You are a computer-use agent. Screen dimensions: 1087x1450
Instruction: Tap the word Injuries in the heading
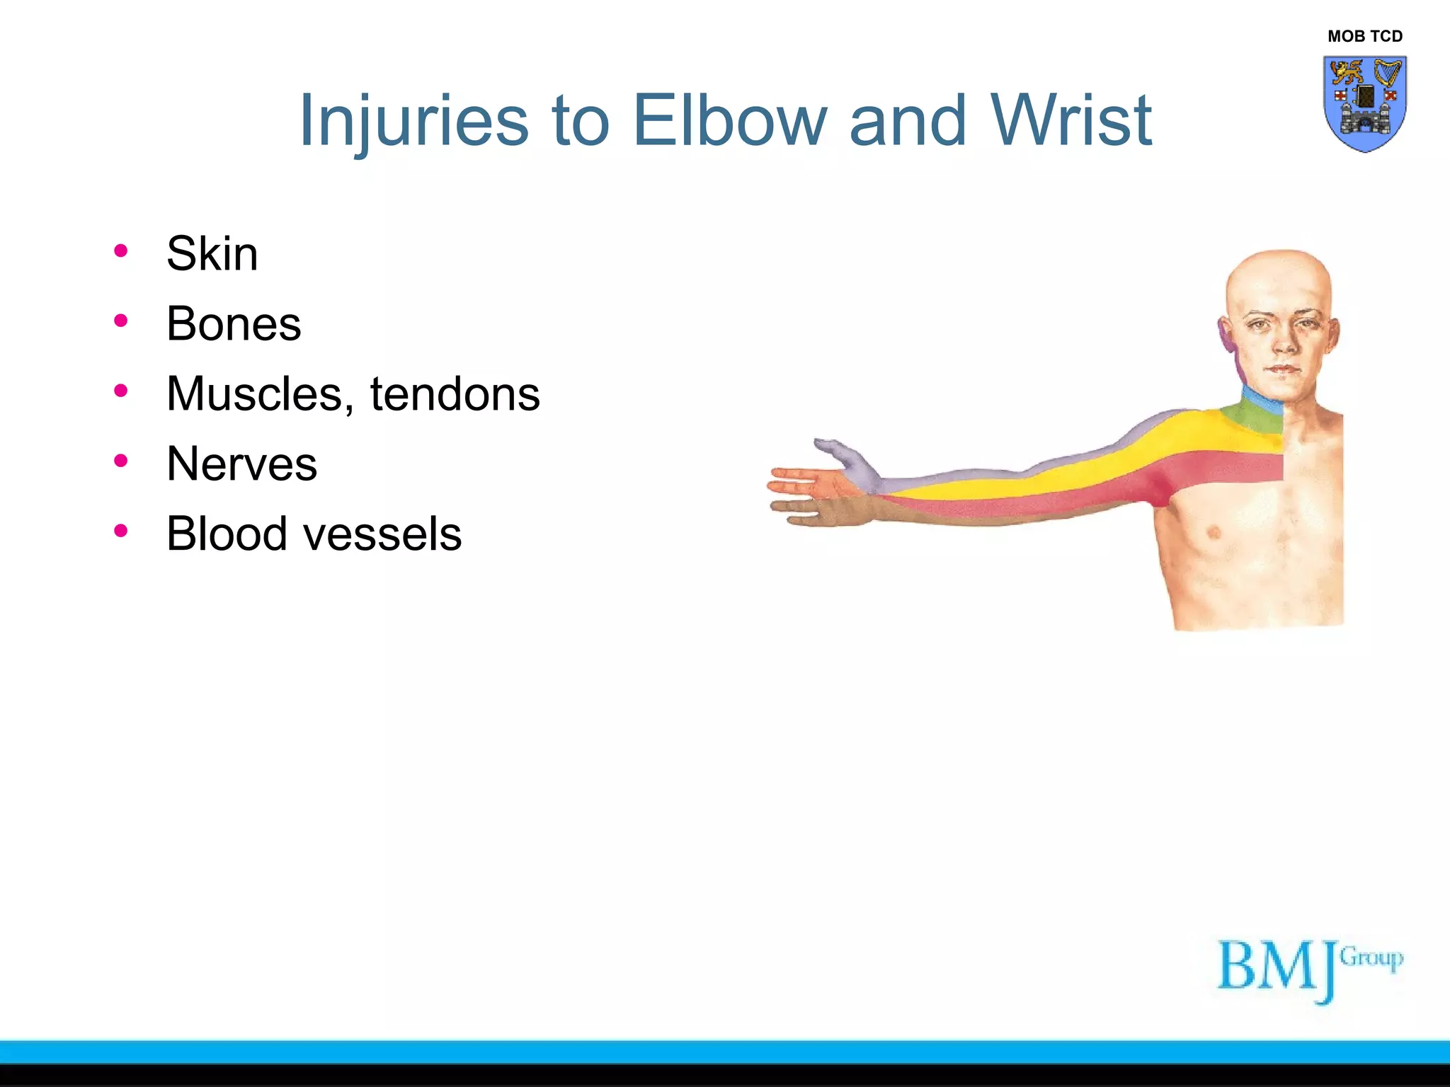(x=413, y=122)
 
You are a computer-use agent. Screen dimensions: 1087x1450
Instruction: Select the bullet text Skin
(x=212, y=253)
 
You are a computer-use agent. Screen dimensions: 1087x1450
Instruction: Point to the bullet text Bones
(x=234, y=323)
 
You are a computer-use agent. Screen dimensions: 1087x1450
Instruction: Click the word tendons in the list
(x=455, y=393)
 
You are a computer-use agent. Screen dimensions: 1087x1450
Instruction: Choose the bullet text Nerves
(x=241, y=464)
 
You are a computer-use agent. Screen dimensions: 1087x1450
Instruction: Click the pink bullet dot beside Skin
(x=121, y=251)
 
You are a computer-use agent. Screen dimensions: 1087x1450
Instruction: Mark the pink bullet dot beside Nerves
(x=121, y=461)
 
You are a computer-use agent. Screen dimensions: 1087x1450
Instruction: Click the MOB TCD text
(x=1364, y=36)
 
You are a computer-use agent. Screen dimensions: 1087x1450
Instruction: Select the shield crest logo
(x=1364, y=103)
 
